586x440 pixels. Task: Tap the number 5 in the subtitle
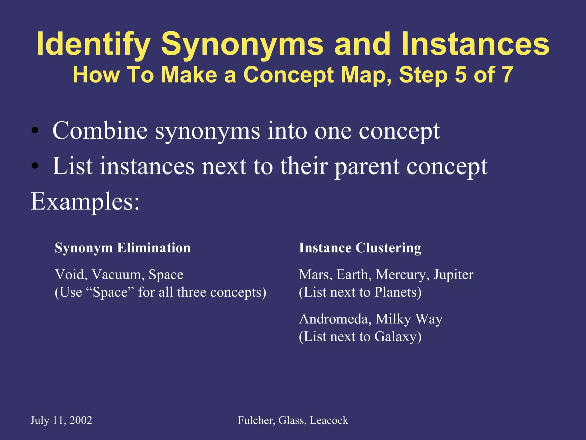click(x=460, y=75)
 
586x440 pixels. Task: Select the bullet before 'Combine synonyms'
click(x=35, y=131)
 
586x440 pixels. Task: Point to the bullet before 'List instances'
click(x=35, y=166)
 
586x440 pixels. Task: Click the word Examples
click(x=85, y=202)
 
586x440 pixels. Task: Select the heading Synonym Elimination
click(x=122, y=248)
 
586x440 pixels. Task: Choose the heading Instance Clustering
click(x=360, y=248)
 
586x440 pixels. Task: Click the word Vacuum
click(x=118, y=274)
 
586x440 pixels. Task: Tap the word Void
click(x=71, y=274)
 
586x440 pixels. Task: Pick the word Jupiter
click(x=453, y=274)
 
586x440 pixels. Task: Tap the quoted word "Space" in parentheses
click(x=110, y=292)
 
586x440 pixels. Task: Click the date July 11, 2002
click(x=61, y=421)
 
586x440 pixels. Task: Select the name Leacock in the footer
click(x=329, y=421)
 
